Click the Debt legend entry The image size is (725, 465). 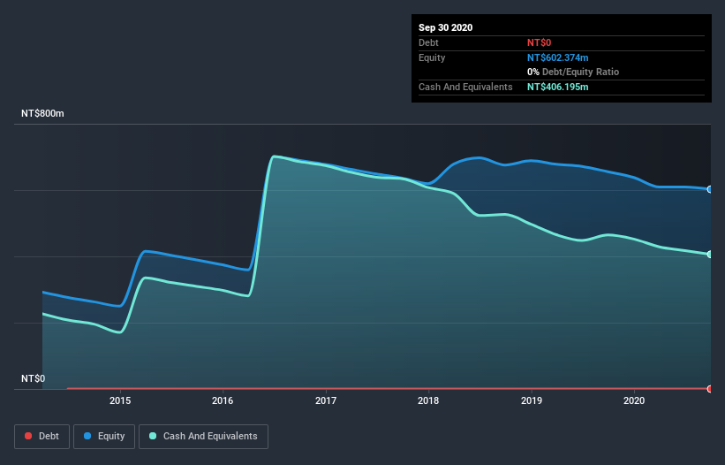point(42,436)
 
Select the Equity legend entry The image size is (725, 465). point(104,436)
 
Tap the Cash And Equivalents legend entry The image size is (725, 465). point(203,436)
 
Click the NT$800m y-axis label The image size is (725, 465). point(43,114)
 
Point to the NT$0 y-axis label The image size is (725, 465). point(33,378)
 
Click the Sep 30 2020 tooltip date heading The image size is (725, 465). point(445,27)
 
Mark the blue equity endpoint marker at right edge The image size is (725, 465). point(710,189)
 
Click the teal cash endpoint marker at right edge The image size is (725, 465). point(710,255)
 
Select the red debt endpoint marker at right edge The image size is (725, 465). point(710,388)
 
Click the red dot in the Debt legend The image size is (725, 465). point(28,436)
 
